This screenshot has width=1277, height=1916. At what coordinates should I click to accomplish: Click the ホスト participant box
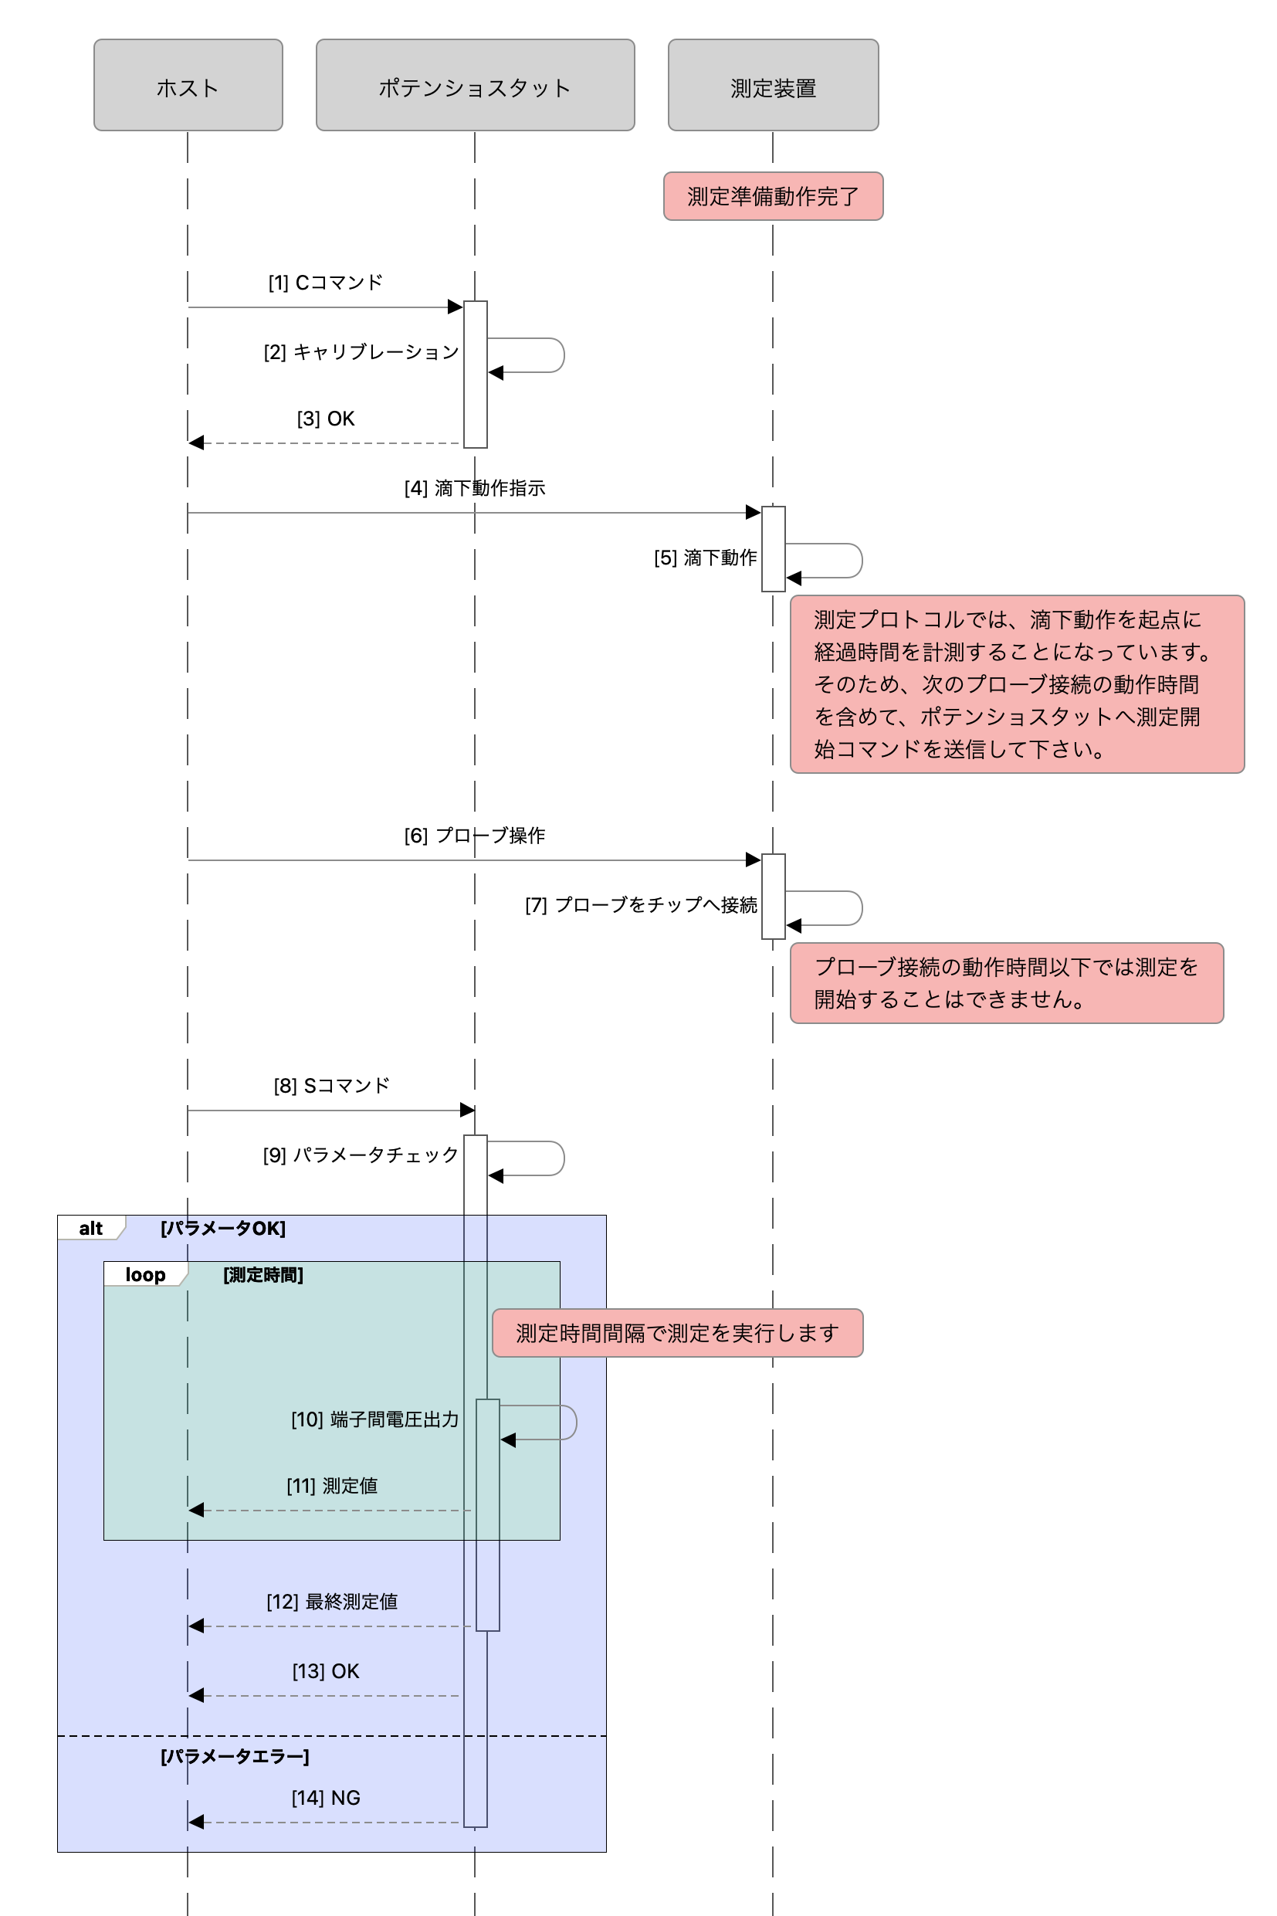tap(188, 86)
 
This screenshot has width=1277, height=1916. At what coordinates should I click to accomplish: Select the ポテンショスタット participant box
tap(475, 86)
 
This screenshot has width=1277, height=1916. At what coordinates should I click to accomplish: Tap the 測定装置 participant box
tap(773, 86)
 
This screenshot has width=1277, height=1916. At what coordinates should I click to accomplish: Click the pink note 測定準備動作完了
tap(773, 196)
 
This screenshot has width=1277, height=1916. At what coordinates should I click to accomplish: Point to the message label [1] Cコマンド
tap(326, 283)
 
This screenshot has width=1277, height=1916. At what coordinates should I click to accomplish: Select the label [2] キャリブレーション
tap(361, 352)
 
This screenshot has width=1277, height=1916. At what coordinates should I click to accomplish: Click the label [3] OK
tap(326, 419)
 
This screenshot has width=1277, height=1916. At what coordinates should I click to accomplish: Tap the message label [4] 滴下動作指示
tap(475, 488)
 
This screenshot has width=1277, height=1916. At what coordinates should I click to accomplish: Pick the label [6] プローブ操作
tap(475, 835)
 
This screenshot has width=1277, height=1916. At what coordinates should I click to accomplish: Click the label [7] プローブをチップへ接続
tap(641, 905)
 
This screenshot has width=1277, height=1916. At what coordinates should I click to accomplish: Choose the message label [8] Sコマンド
tap(331, 1085)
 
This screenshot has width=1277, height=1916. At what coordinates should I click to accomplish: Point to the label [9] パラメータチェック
tap(361, 1155)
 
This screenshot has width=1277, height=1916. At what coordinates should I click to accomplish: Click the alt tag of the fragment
tap(90, 1229)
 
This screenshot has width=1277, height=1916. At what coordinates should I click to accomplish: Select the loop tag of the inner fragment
tap(145, 1275)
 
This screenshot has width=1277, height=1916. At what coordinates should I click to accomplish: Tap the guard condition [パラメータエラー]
tap(235, 1755)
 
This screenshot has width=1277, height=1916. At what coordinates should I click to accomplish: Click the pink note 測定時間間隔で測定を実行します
tap(677, 1333)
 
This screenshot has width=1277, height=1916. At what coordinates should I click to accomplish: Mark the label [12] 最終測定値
tap(332, 1602)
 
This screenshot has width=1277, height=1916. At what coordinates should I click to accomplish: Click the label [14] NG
tap(326, 1798)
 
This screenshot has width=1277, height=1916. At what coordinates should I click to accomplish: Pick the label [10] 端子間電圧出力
tap(374, 1420)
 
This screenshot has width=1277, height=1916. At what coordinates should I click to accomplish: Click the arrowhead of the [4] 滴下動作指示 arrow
tap(754, 512)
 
